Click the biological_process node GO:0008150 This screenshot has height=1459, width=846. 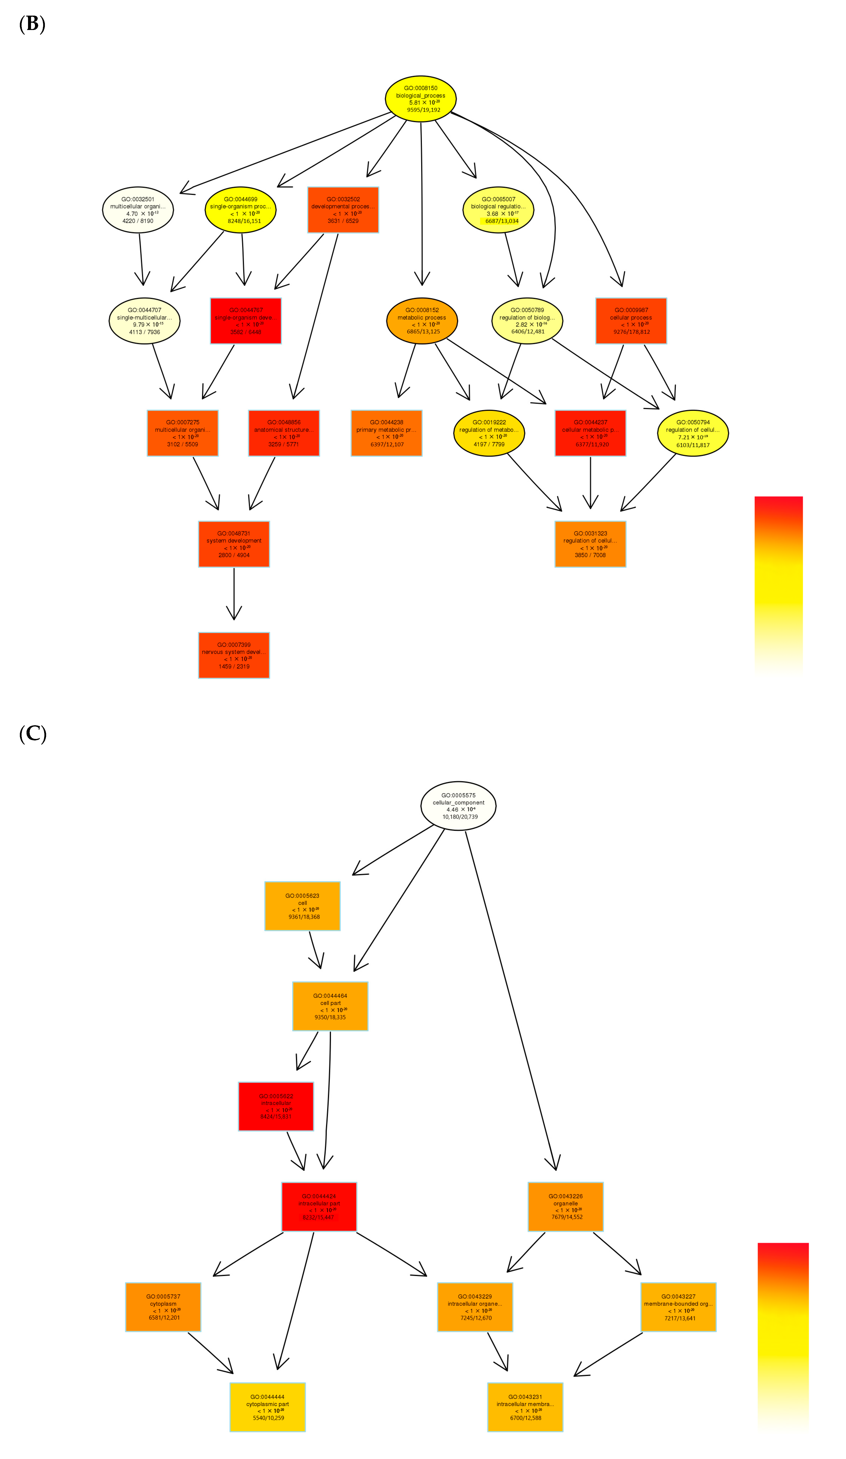pos(420,99)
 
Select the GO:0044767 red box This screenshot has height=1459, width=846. pos(246,321)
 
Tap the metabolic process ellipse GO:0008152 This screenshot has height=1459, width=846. pos(422,321)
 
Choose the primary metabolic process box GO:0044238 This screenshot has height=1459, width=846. pos(386,433)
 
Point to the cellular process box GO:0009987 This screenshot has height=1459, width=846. pos(630,321)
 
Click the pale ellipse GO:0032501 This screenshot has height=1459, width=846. pos(138,210)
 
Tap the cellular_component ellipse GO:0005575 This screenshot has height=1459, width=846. pos(458,805)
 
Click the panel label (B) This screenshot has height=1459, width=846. pos(32,24)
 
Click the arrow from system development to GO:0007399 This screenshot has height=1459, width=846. pos(234,593)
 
